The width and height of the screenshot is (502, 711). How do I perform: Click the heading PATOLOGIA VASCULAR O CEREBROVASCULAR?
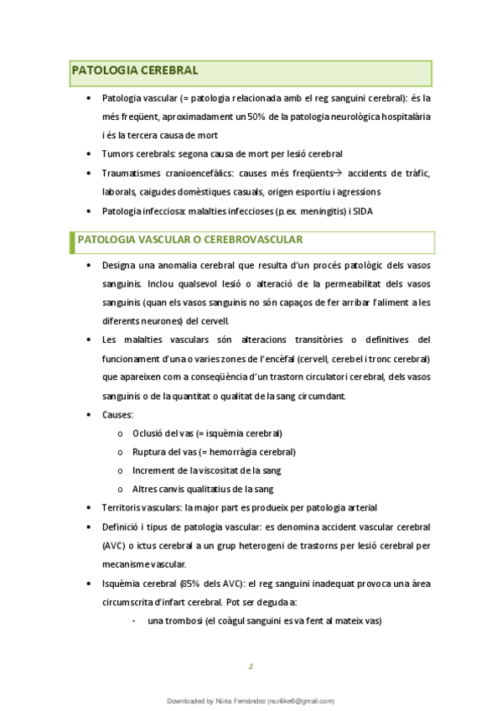(190, 240)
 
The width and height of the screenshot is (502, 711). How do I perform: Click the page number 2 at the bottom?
(251, 667)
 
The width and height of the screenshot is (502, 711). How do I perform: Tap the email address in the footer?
(300, 701)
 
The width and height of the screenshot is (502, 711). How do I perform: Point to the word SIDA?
(362, 211)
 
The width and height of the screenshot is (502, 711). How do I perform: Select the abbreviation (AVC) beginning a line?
(115, 545)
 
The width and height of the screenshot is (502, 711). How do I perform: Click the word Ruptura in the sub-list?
(150, 452)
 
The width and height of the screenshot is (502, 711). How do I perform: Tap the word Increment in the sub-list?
(153, 470)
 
